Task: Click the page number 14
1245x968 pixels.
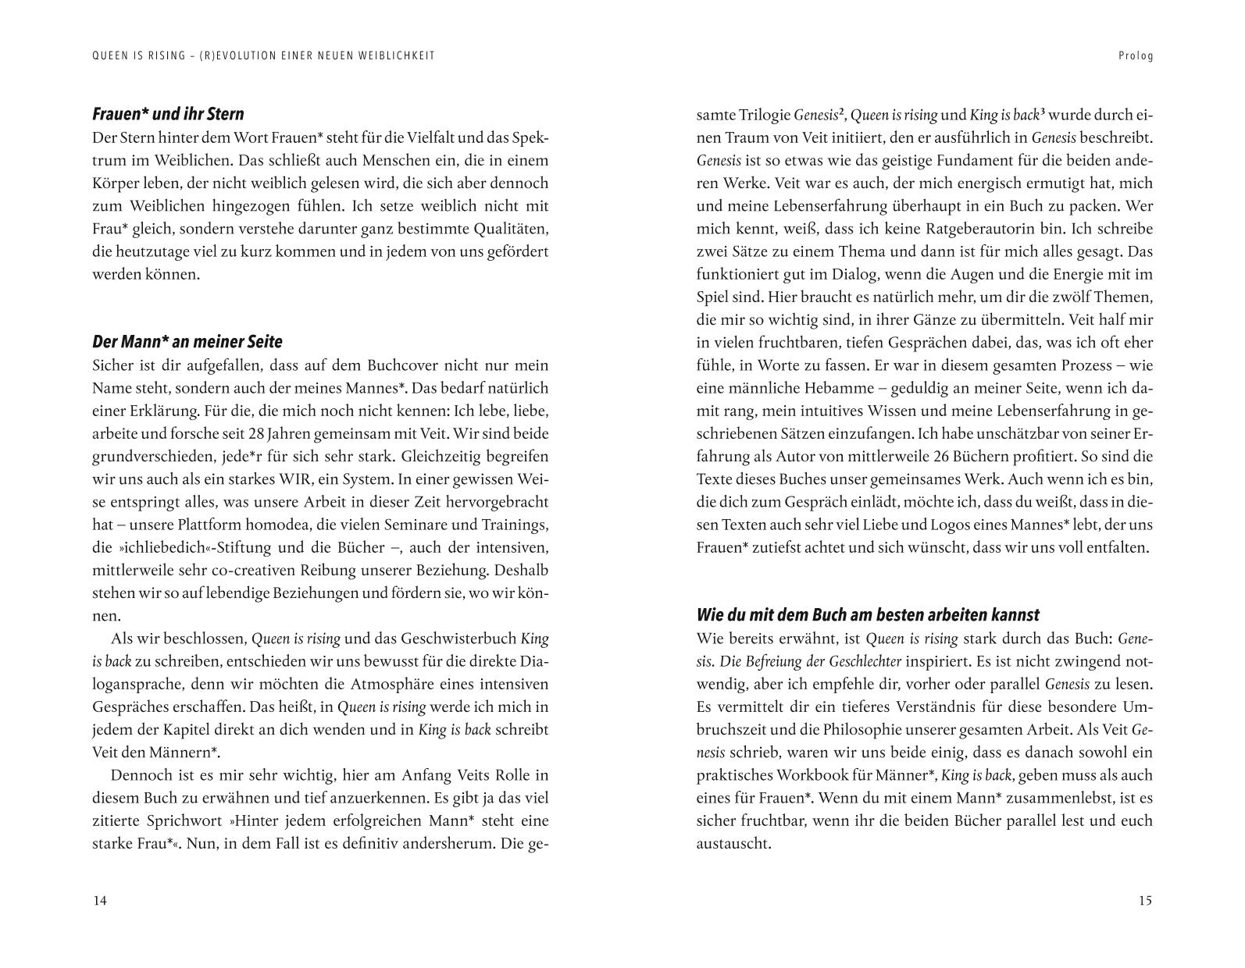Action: tap(99, 900)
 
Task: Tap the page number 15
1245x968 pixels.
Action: tap(1144, 900)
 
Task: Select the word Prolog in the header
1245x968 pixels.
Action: tap(1136, 55)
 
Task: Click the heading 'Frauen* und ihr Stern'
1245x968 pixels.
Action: tap(168, 114)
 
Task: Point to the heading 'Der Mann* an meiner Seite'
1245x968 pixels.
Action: tap(187, 342)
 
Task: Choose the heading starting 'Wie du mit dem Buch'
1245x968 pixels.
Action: tap(867, 615)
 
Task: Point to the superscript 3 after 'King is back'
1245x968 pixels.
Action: tap(1042, 112)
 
